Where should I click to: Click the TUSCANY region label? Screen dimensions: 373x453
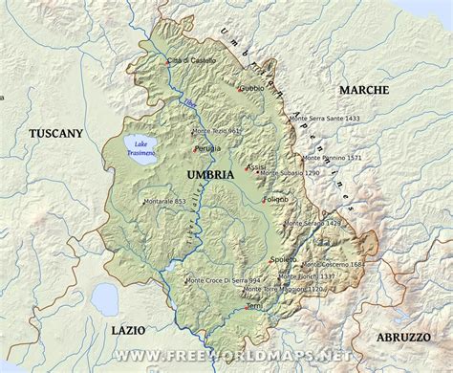click(55, 134)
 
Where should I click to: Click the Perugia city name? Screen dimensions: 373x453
click(210, 149)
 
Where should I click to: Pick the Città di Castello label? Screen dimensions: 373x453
click(192, 60)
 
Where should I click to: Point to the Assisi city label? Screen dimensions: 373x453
click(257, 166)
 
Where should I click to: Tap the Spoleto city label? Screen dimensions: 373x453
click(284, 259)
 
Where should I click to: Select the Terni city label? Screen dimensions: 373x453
click(253, 305)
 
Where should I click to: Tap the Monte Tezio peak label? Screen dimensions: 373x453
click(216, 131)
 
